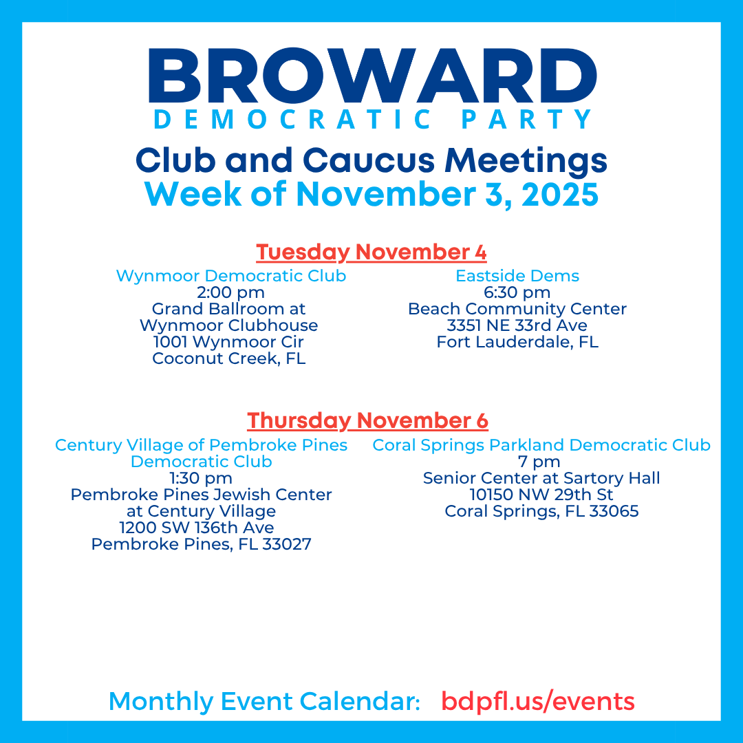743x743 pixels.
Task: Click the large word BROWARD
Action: pyautogui.click(x=372, y=76)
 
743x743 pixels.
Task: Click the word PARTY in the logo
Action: pyautogui.click(x=526, y=119)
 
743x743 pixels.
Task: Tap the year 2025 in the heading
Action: pyautogui.click(x=560, y=194)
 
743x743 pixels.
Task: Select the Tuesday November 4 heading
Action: pyautogui.click(x=371, y=252)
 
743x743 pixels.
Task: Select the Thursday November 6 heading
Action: pyautogui.click(x=367, y=421)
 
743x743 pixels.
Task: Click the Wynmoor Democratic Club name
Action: pyautogui.click(x=231, y=276)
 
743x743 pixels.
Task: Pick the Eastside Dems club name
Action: pyautogui.click(x=517, y=276)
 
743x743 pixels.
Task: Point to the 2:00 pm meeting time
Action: pyautogui.click(x=230, y=293)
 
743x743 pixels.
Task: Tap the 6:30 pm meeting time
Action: pyautogui.click(x=517, y=293)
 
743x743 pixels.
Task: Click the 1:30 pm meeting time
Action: pyautogui.click(x=201, y=479)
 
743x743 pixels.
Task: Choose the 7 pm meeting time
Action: pyautogui.click(x=539, y=462)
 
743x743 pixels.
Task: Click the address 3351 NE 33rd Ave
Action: pyautogui.click(x=517, y=325)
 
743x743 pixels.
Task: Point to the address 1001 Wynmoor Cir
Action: pyautogui.click(x=228, y=342)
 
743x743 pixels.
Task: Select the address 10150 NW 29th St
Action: pyautogui.click(x=541, y=495)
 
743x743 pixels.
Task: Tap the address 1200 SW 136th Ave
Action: pyautogui.click(x=197, y=528)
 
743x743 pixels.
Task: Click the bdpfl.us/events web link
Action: pyautogui.click(x=538, y=701)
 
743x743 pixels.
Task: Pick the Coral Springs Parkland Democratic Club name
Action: pyautogui.click(x=541, y=445)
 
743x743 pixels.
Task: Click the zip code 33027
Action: pyautogui.click(x=287, y=544)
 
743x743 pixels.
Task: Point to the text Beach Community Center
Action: pyautogui.click(x=517, y=309)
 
